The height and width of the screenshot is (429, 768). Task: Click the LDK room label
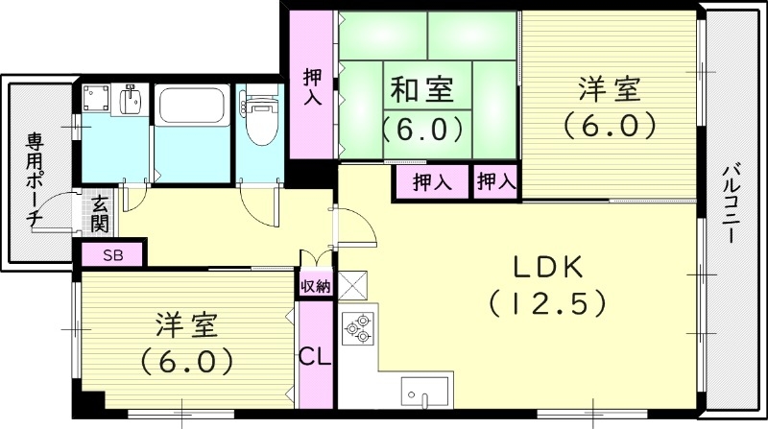click(546, 266)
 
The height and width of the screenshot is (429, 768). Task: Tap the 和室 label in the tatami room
click(416, 91)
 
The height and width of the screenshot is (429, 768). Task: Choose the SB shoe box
click(112, 255)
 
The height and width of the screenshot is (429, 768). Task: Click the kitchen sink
click(423, 393)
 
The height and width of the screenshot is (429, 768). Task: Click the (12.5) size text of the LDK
click(546, 303)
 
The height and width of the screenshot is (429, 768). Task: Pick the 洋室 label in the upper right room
click(609, 91)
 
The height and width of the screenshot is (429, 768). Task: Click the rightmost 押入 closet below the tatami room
click(495, 181)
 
